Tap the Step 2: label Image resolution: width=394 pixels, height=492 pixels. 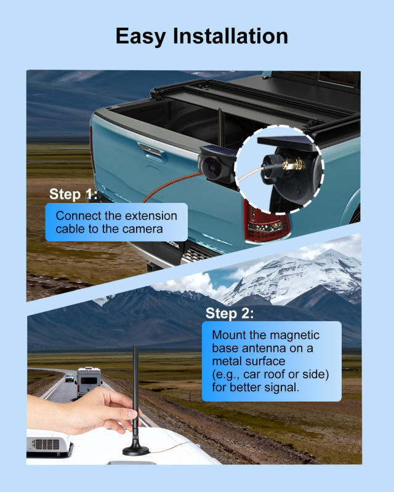(229, 313)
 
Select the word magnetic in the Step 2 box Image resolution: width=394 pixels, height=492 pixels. (294, 335)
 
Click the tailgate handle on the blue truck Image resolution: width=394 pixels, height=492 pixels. (151, 151)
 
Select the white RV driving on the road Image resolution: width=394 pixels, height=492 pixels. (89, 381)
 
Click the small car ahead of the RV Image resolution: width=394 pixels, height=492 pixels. (70, 378)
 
